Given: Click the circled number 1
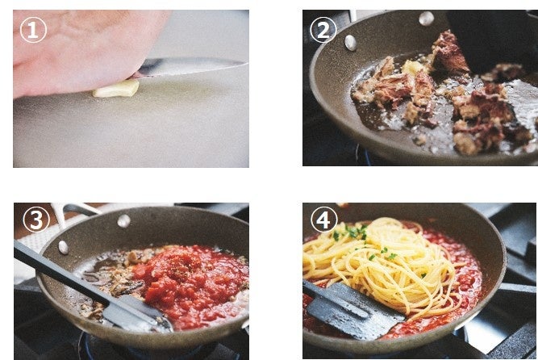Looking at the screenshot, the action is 33,30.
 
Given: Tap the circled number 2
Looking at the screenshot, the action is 323,30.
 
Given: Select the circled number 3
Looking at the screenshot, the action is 36,220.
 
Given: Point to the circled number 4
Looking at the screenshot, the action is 324,220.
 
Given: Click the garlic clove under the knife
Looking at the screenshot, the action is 116,89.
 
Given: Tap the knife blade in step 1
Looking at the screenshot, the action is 192,66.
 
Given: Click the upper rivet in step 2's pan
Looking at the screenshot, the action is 426,19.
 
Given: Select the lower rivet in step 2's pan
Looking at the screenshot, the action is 350,43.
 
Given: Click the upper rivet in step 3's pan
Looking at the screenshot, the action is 124,221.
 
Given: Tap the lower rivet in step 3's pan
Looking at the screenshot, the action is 63,247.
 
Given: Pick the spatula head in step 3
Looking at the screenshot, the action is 137,312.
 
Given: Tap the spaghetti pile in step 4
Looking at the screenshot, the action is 384,265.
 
